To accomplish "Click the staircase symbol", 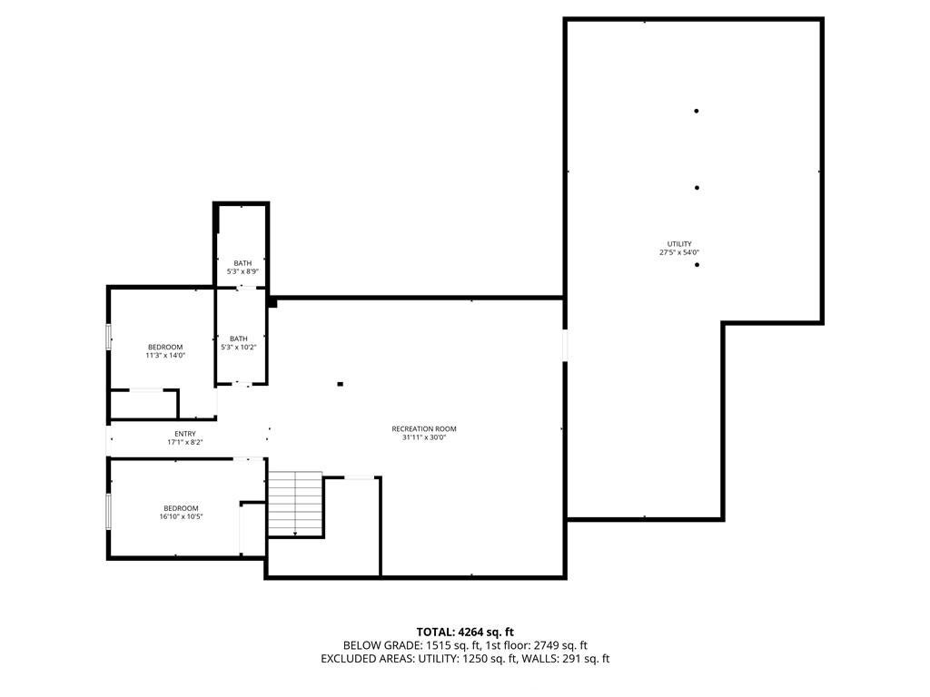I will point(296,504).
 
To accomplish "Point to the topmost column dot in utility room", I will point(697,112).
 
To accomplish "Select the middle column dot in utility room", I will point(697,188).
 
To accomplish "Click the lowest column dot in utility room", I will point(697,265).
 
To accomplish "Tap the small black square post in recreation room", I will point(341,384).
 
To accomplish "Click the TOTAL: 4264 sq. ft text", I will point(465,632).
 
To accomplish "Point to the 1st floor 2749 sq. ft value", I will point(552,645).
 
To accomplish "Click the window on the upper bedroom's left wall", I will point(109,336).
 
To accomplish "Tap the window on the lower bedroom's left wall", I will point(109,511).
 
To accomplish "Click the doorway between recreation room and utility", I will point(564,345).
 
